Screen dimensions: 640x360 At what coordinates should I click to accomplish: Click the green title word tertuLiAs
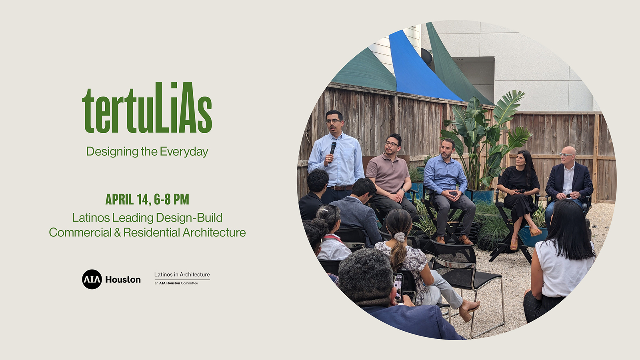(147, 108)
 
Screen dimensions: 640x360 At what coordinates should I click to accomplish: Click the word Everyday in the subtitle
(184, 152)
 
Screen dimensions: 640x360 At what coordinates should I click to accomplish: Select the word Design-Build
(189, 218)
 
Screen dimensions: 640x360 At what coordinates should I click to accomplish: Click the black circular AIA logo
(92, 279)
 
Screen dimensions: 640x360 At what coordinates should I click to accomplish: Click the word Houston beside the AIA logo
(123, 280)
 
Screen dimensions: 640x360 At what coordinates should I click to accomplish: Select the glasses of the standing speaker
(333, 121)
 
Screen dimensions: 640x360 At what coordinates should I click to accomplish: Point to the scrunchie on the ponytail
(400, 237)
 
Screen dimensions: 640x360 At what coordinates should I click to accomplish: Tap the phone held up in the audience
(398, 288)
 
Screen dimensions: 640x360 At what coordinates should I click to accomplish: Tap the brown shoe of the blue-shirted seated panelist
(466, 240)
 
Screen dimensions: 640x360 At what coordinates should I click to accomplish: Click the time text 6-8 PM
(172, 199)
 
